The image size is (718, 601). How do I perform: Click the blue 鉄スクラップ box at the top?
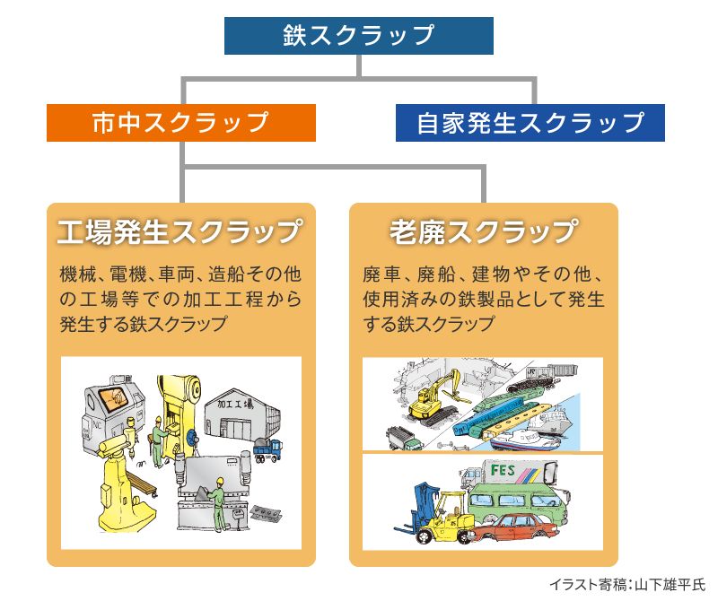(x=358, y=36)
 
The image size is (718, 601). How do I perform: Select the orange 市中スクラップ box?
(x=181, y=123)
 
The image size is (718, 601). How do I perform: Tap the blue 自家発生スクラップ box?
(x=530, y=123)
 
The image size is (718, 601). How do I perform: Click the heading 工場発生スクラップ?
(x=180, y=231)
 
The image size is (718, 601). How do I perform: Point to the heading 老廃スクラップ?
(x=484, y=231)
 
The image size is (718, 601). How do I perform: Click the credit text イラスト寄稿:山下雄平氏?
(x=627, y=585)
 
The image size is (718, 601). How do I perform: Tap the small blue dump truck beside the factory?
(x=268, y=449)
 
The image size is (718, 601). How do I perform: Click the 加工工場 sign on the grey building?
(x=235, y=405)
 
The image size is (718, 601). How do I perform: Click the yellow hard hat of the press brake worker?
(x=220, y=481)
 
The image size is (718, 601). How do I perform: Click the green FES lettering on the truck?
(x=503, y=470)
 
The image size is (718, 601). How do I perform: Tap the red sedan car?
(x=519, y=530)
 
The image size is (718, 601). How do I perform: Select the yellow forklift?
(x=439, y=514)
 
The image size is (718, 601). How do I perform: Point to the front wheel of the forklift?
(x=425, y=536)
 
